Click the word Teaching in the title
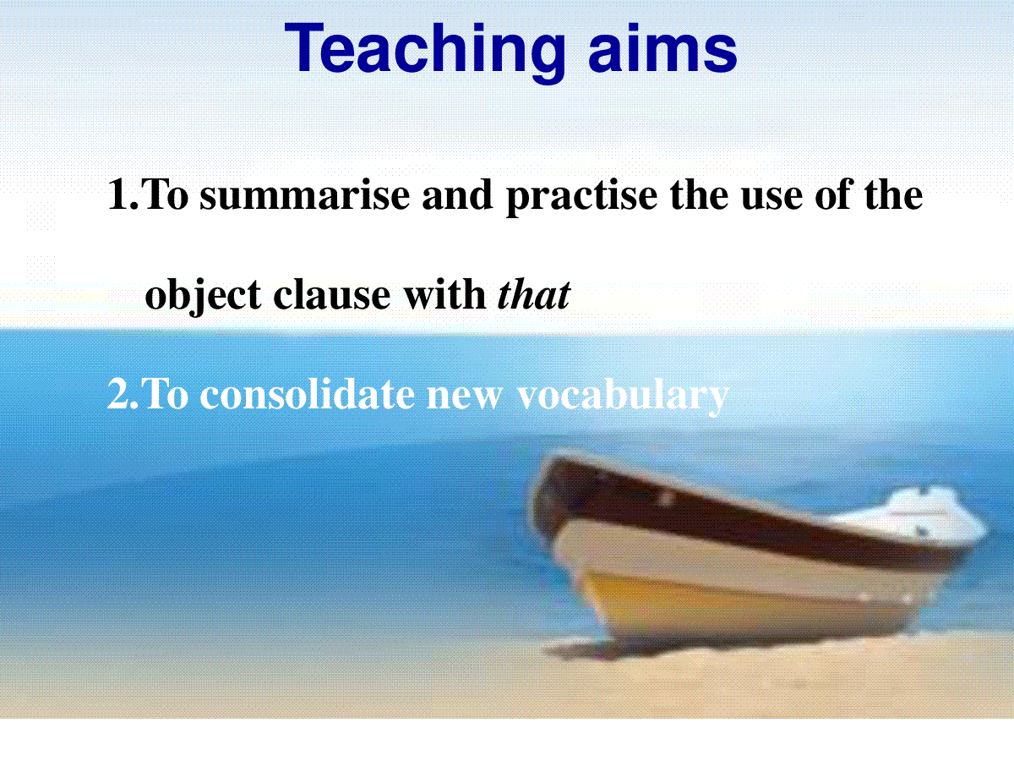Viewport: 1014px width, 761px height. tap(424, 52)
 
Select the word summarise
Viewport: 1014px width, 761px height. tap(305, 196)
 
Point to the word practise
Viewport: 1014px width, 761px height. tap(582, 196)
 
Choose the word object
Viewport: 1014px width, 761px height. tap(204, 296)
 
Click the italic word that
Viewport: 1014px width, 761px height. tap(534, 294)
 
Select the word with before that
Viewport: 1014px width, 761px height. tap(445, 294)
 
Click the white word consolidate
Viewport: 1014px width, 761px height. tap(308, 394)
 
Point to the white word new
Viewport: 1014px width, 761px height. tap(464, 398)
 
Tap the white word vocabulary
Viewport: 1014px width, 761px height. tap(623, 397)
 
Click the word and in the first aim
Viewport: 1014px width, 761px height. tap(457, 196)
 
